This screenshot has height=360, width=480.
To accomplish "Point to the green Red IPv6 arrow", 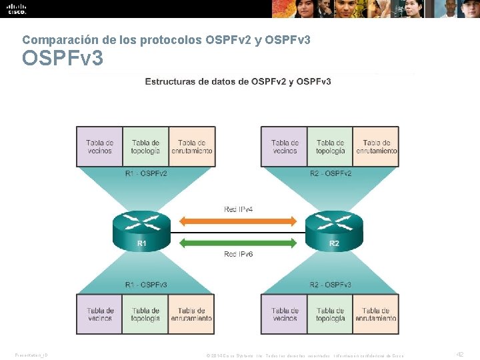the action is [x=238, y=241].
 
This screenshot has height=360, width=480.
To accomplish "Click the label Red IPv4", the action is [x=238, y=209].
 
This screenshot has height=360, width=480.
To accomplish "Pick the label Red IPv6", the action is [x=238, y=254].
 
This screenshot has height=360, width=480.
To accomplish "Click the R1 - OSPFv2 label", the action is [x=145, y=173].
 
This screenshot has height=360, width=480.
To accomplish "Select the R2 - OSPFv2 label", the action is [x=331, y=173].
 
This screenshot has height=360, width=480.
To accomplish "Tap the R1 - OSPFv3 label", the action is [x=145, y=285].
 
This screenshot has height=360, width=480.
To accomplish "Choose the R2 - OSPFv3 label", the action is [x=331, y=285].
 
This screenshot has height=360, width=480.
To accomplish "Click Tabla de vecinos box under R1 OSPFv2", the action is [x=100, y=147].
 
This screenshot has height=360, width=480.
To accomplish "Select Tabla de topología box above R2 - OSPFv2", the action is [x=331, y=147].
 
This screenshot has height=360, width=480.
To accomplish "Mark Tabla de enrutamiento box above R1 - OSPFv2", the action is [x=192, y=147].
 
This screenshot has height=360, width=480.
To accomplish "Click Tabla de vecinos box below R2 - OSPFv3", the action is [x=285, y=314].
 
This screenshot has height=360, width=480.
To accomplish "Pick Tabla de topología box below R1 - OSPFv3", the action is [x=145, y=314].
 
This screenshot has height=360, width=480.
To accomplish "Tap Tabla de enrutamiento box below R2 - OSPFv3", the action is [x=377, y=314].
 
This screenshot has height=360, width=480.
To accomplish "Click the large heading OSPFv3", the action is [x=63, y=59].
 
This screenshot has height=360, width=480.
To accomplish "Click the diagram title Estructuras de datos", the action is [x=238, y=81].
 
